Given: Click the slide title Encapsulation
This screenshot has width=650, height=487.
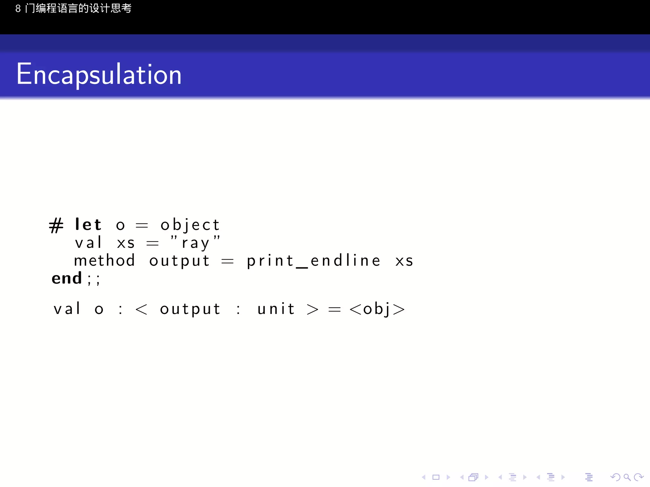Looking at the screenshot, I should click(99, 75).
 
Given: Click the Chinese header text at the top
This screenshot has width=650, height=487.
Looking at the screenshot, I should click(73, 8).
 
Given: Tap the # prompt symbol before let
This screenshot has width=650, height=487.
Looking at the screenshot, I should click(56, 225).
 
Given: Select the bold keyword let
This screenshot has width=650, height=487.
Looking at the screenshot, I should click(88, 225).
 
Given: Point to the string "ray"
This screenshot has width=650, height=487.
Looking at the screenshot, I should click(195, 243).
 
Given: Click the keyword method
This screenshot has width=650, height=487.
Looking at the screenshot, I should click(104, 261).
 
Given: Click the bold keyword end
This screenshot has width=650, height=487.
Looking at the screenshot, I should click(67, 278).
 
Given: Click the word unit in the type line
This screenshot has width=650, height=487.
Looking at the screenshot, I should click(276, 309).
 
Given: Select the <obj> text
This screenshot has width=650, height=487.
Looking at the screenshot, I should click(377, 309).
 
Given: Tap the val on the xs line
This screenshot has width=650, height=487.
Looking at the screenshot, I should click(88, 243).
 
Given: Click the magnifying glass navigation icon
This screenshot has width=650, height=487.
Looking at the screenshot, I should click(627, 477).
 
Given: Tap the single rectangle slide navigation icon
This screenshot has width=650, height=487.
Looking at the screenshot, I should click(436, 477).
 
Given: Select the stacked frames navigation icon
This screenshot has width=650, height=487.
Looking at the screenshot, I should click(473, 477).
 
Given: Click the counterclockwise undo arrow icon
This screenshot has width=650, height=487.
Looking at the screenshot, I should click(615, 477).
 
